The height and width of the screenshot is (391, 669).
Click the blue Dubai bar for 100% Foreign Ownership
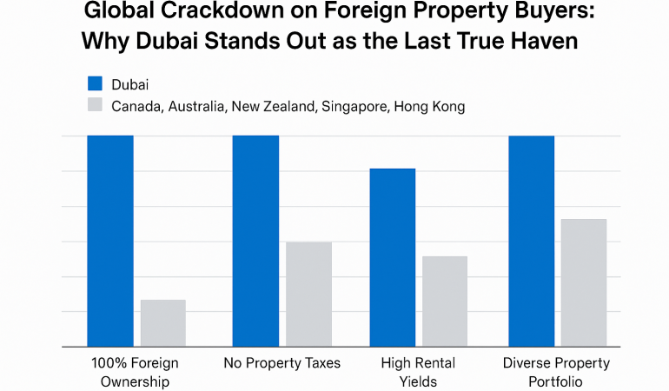pos(110,241)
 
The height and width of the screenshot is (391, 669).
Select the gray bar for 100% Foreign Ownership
pos(162,322)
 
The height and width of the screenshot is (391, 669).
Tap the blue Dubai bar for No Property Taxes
pos(255,241)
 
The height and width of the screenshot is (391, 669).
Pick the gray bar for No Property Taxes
pos(308,294)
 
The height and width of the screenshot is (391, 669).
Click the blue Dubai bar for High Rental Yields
pos(392,257)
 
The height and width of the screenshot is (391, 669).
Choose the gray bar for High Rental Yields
pos(444,301)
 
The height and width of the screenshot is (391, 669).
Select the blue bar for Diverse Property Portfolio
pos(531,241)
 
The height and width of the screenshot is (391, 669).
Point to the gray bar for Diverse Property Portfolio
pos(583,282)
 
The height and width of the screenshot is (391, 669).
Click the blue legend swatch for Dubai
pos(96,83)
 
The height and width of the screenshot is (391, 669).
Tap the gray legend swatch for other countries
pos(96,107)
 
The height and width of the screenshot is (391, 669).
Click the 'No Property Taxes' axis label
pos(282,362)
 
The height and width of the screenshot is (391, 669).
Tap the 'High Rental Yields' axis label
pos(418,372)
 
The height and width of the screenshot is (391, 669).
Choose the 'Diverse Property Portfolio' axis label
pos(557,372)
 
